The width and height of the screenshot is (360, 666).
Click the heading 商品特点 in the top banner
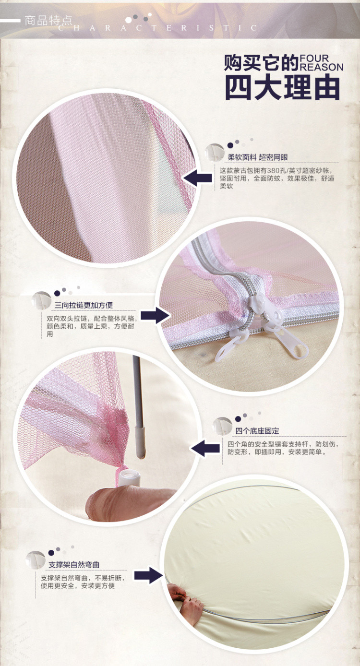pyautogui.click(x=48, y=21)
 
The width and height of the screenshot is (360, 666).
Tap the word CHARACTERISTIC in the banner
pyautogui.click(x=158, y=28)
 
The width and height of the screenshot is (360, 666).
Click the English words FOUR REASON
pyautogui.click(x=321, y=63)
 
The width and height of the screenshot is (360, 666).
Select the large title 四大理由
pyautogui.click(x=283, y=88)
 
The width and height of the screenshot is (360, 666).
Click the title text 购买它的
pyautogui.click(x=261, y=63)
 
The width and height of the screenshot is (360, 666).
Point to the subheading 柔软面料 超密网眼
pyautogui.click(x=258, y=157)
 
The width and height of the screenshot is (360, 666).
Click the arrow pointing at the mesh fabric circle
pyautogui.click(x=198, y=178)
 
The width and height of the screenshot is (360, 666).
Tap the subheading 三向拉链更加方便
pyautogui.click(x=84, y=305)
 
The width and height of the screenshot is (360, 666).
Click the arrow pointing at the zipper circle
pyautogui.click(x=156, y=315)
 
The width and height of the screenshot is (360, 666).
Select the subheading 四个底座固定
pyautogui.click(x=257, y=431)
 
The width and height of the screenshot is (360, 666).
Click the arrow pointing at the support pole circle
pyautogui.click(x=205, y=448)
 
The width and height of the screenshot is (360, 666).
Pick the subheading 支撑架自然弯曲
pyautogui.click(x=74, y=565)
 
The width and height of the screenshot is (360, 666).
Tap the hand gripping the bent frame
pyautogui.click(x=185, y=602)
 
